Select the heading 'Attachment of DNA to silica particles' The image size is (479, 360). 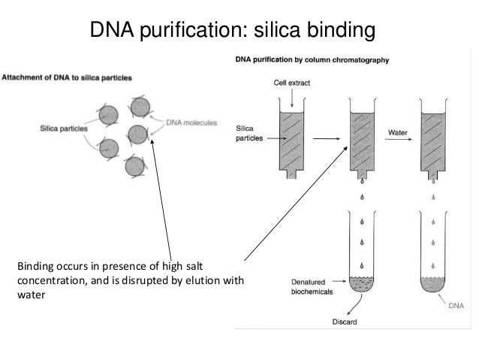click(x=68, y=77)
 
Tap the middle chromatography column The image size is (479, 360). click(x=363, y=143)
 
